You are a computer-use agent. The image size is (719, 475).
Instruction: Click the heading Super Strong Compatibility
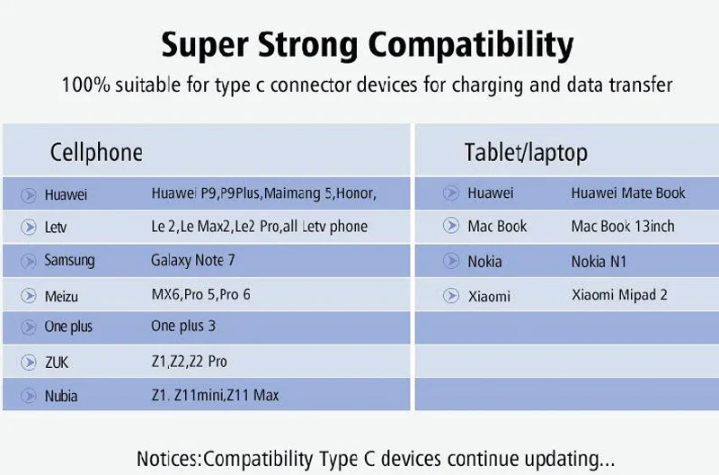coord(367,44)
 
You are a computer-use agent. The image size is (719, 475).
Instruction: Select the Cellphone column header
coord(96,152)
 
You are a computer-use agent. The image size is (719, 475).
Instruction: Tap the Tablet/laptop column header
coord(526,152)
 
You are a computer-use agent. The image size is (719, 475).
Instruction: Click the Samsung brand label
coord(69,261)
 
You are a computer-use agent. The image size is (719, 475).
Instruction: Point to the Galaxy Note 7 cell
coord(193,261)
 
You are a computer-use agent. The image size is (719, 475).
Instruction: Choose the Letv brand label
coord(56,228)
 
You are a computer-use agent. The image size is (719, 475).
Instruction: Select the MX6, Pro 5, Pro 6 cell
coord(200,294)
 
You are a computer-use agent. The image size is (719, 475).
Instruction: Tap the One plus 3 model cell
coord(183,326)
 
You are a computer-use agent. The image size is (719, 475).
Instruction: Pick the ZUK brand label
coord(56,363)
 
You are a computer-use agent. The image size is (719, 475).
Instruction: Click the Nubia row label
coord(61,396)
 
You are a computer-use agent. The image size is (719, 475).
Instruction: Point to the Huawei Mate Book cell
coord(628,193)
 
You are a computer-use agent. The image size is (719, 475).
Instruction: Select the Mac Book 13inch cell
coord(623,226)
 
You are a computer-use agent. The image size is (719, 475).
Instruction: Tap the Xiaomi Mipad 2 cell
coord(619,295)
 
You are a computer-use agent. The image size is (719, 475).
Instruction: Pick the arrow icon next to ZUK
coord(28,363)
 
